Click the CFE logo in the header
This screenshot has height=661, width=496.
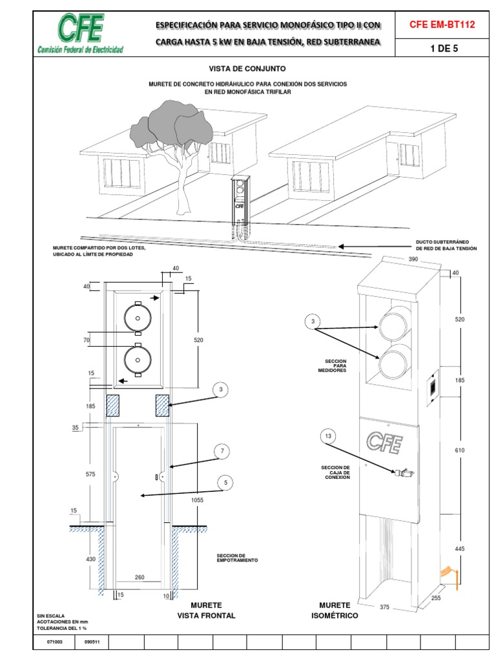(80, 34)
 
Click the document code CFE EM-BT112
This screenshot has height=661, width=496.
(442, 25)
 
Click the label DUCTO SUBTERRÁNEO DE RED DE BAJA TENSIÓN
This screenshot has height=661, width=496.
(446, 246)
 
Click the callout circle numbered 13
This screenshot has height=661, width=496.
(329, 437)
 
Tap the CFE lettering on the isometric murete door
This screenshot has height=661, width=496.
(384, 442)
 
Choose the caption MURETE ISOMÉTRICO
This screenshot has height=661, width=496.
(335, 611)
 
